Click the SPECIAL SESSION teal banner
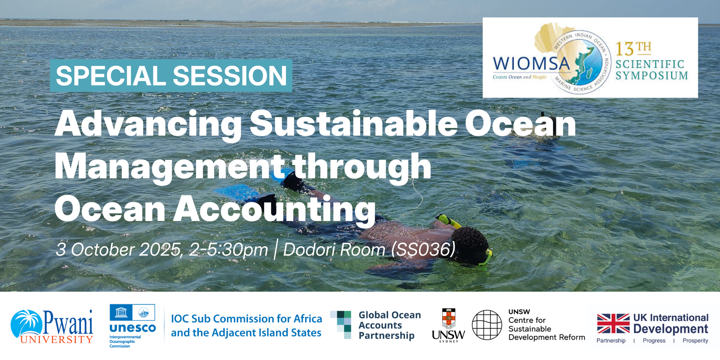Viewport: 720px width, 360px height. (171, 76)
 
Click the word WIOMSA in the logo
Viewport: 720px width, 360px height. (531, 64)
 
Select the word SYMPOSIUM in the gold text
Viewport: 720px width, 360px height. (652, 76)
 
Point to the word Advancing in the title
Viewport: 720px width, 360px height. (148, 124)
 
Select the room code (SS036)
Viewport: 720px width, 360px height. (423, 249)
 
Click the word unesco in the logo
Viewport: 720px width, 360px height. (132, 328)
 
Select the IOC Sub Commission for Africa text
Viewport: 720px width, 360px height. (246, 319)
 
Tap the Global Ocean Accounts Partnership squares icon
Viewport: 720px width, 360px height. (341, 324)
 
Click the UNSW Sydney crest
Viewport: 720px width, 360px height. (448, 318)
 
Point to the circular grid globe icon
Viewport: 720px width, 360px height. (487, 325)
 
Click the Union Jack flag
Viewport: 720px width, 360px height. (613, 323)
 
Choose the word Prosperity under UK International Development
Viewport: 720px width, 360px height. (695, 341)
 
